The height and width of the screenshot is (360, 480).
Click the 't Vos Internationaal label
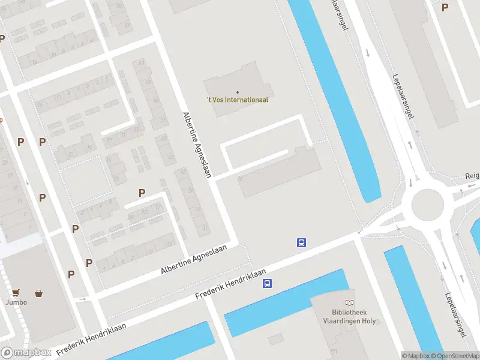[x=238, y=100]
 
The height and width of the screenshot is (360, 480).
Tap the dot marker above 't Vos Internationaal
[x=238, y=92]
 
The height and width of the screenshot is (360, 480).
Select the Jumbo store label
[x=17, y=302]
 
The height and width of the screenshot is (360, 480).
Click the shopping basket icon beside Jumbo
[x=39, y=293]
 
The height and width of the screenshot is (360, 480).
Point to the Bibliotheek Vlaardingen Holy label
[x=354, y=316]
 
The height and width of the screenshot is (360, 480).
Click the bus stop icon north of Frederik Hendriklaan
[x=301, y=243]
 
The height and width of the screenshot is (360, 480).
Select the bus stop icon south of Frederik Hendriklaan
[x=266, y=284]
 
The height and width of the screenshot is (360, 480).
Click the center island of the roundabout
[x=427, y=205]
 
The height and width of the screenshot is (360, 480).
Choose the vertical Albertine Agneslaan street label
[x=196, y=144]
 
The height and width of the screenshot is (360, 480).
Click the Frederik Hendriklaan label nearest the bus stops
[x=231, y=284]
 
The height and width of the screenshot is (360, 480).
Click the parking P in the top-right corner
[x=445, y=7]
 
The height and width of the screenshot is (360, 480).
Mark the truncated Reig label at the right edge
[x=472, y=176]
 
